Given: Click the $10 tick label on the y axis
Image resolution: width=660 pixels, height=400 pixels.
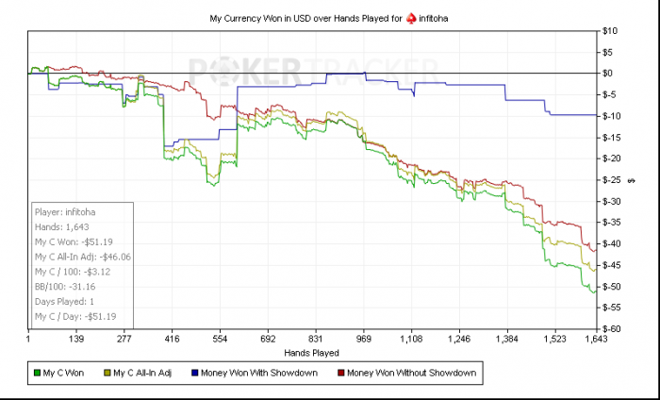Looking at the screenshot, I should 611,31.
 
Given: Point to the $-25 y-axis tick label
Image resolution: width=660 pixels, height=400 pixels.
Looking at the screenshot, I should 612,179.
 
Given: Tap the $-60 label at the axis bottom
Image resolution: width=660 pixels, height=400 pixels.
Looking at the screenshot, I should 612,329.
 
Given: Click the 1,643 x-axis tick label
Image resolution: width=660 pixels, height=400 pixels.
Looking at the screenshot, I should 595,338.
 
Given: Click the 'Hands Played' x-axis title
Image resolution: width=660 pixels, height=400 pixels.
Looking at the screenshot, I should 312,352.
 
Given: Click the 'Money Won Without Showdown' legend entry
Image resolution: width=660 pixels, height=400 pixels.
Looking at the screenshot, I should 412,374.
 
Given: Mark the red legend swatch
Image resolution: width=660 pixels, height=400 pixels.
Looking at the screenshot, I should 339,374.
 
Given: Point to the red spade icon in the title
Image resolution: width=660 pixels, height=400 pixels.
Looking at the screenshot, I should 410,18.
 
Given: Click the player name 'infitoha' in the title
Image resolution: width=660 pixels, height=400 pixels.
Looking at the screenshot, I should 439,18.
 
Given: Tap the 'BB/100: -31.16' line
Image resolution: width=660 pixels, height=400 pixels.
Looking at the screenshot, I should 64,286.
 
